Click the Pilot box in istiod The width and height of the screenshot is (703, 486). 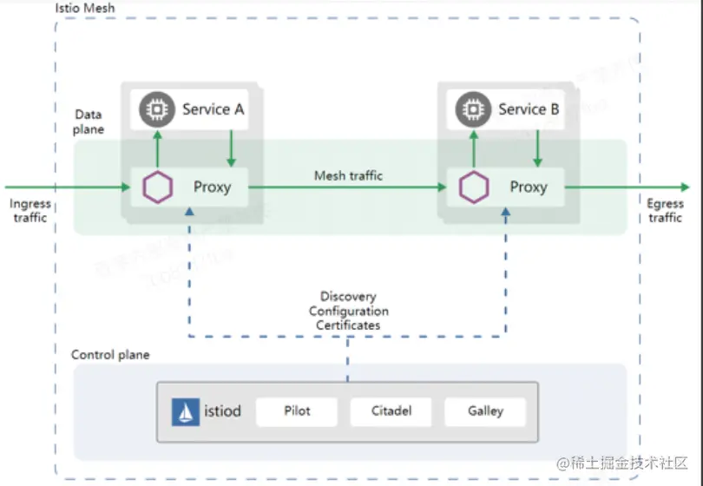click(297, 410)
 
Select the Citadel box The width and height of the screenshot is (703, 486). click(391, 410)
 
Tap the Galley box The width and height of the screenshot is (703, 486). click(485, 410)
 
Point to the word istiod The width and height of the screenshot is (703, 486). click(222, 411)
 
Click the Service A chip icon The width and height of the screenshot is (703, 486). click(157, 109)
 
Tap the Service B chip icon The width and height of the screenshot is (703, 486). click(473, 109)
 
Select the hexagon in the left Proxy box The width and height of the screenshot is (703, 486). click(157, 187)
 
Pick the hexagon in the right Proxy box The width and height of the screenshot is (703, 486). click(473, 187)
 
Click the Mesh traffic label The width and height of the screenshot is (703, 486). click(348, 175)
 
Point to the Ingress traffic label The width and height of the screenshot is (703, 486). click(30, 211)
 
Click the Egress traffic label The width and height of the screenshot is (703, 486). click(666, 211)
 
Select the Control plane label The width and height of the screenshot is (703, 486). click(110, 355)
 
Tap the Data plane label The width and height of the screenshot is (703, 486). click(89, 121)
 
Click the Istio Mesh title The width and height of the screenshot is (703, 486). click(85, 8)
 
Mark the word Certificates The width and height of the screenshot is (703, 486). click(349, 325)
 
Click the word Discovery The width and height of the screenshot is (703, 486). click(348, 297)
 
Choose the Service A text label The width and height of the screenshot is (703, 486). click(213, 109)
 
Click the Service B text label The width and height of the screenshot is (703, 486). click(529, 109)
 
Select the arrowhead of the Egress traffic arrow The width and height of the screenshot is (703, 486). click(685, 187)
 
